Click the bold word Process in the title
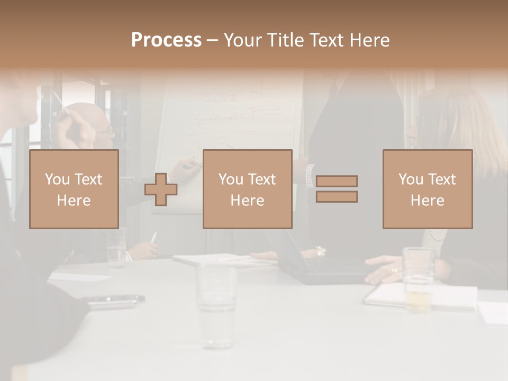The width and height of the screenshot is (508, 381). click(166, 40)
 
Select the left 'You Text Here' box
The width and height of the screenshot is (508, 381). click(74, 189)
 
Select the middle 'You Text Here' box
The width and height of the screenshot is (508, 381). click(248, 189)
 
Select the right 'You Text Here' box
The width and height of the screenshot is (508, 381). click(428, 189)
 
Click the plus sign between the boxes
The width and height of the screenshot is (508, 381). click(161, 189)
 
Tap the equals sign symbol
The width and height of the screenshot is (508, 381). click(337, 189)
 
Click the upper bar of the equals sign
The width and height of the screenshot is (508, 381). click(337, 182)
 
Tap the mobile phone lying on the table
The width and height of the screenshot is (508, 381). click(115, 301)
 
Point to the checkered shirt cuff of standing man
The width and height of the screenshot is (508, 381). click(310, 176)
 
